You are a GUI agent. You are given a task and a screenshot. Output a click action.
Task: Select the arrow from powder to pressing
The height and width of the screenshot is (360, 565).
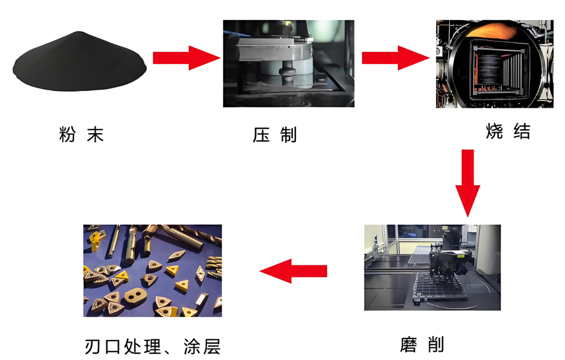(187, 58)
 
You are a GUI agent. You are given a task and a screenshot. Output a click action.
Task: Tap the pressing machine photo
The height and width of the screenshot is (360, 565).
(289, 64)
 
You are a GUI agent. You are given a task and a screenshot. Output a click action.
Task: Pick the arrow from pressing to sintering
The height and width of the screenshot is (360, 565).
(396, 58)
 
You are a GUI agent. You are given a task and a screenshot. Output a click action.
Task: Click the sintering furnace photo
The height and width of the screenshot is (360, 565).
(495, 64)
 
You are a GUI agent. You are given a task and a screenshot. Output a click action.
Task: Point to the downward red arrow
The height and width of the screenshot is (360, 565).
(468, 183)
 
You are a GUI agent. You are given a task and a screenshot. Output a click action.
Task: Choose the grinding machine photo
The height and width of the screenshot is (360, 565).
(432, 268)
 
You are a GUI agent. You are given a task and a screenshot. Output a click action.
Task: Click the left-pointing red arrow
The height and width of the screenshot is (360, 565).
(293, 271)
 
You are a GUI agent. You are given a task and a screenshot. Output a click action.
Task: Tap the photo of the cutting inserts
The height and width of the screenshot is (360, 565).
(153, 271)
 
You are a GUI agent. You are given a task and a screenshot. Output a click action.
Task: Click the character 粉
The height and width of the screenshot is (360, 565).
(67, 134)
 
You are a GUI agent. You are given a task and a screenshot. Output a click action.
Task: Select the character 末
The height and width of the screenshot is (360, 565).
(95, 134)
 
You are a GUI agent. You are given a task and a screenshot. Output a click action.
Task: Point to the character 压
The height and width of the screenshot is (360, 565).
(261, 135)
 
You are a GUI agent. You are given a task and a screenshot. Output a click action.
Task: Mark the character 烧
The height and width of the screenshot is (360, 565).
(494, 131)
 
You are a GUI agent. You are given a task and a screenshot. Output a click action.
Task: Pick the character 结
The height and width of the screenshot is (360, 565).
(522, 131)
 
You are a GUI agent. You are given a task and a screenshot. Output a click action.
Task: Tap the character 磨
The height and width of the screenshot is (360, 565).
(408, 345)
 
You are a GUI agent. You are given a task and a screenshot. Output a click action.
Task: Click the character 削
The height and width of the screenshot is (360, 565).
(436, 345)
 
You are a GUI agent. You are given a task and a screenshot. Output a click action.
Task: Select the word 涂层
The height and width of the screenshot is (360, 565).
(202, 347)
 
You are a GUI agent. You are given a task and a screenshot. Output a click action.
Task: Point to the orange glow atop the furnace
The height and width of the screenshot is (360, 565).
(492, 31)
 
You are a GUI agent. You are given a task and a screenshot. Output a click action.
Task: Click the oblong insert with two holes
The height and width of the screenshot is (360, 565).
(136, 295)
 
